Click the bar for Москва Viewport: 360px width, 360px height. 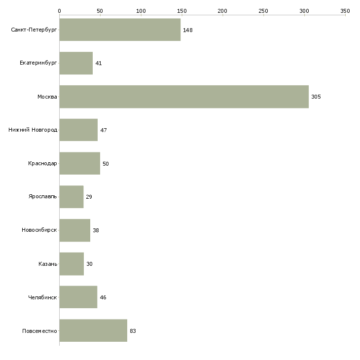[184, 97]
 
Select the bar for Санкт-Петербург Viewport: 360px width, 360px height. [120, 30]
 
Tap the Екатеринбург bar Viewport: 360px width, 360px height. [76, 63]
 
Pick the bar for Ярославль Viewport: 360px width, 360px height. [72, 197]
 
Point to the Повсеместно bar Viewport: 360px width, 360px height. [93, 330]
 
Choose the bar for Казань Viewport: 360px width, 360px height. [72, 264]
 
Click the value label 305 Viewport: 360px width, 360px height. [316, 97]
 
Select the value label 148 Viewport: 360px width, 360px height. [188, 30]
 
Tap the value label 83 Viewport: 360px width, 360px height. [133, 331]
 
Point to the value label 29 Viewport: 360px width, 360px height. [89, 197]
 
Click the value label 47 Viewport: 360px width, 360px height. [104, 130]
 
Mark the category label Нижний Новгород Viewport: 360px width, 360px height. [33, 130]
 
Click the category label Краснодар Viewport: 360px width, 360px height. [42, 163]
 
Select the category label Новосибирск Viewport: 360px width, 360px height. [39, 230]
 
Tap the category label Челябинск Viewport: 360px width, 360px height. [42, 297]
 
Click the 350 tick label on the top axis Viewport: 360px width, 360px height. [345, 11]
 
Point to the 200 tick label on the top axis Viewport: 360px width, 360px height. [222, 11]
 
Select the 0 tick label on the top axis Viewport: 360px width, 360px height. [60, 11]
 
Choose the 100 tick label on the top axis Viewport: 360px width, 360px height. [141, 11]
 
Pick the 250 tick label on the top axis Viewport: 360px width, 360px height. [263, 11]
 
